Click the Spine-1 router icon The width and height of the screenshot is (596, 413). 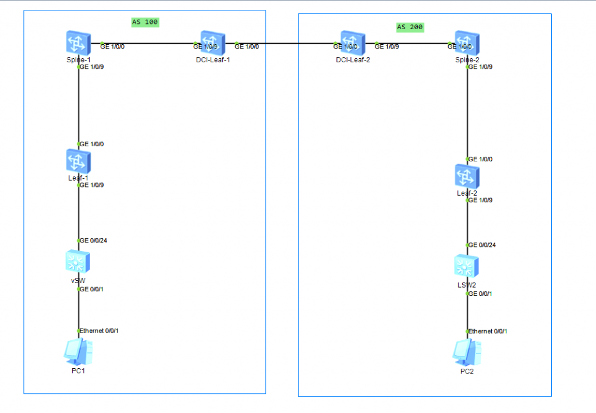78,44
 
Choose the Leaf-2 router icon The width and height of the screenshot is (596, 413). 467,176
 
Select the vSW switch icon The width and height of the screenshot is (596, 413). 78,262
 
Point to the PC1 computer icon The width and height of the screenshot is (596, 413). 78,352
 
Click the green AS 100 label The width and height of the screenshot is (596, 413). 145,22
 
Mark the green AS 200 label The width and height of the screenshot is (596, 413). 410,27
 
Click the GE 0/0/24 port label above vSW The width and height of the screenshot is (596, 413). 93,240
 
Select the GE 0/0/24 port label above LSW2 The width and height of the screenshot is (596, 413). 483,245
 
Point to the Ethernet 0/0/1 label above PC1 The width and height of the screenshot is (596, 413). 100,330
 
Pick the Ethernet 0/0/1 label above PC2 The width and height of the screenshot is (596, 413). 488,331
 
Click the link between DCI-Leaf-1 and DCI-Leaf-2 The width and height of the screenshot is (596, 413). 291,44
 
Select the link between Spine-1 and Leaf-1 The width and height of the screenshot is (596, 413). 79,105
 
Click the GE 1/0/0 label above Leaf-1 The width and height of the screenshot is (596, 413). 92,144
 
